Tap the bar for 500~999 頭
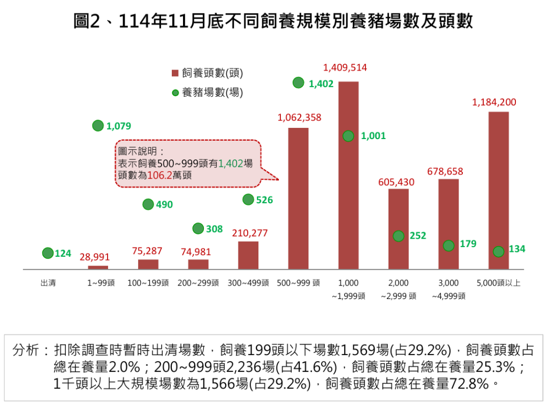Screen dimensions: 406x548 [298, 198]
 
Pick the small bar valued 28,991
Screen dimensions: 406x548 [98, 267]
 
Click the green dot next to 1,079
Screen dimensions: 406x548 [98, 126]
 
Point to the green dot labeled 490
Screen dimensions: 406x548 [148, 204]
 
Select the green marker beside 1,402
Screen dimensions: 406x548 [299, 83]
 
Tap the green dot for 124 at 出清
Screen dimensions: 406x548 [48, 253]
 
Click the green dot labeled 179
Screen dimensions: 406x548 [449, 245]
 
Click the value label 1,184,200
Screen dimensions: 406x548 [494, 102]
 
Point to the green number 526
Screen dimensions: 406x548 [264, 200]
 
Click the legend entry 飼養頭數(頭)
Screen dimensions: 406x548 [207, 73]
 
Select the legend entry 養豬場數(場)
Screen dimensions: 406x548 [207, 93]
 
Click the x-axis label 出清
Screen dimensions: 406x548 [48, 283]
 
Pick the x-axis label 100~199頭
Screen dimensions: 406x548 [148, 283]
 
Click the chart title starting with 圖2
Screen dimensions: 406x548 [273, 21]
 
